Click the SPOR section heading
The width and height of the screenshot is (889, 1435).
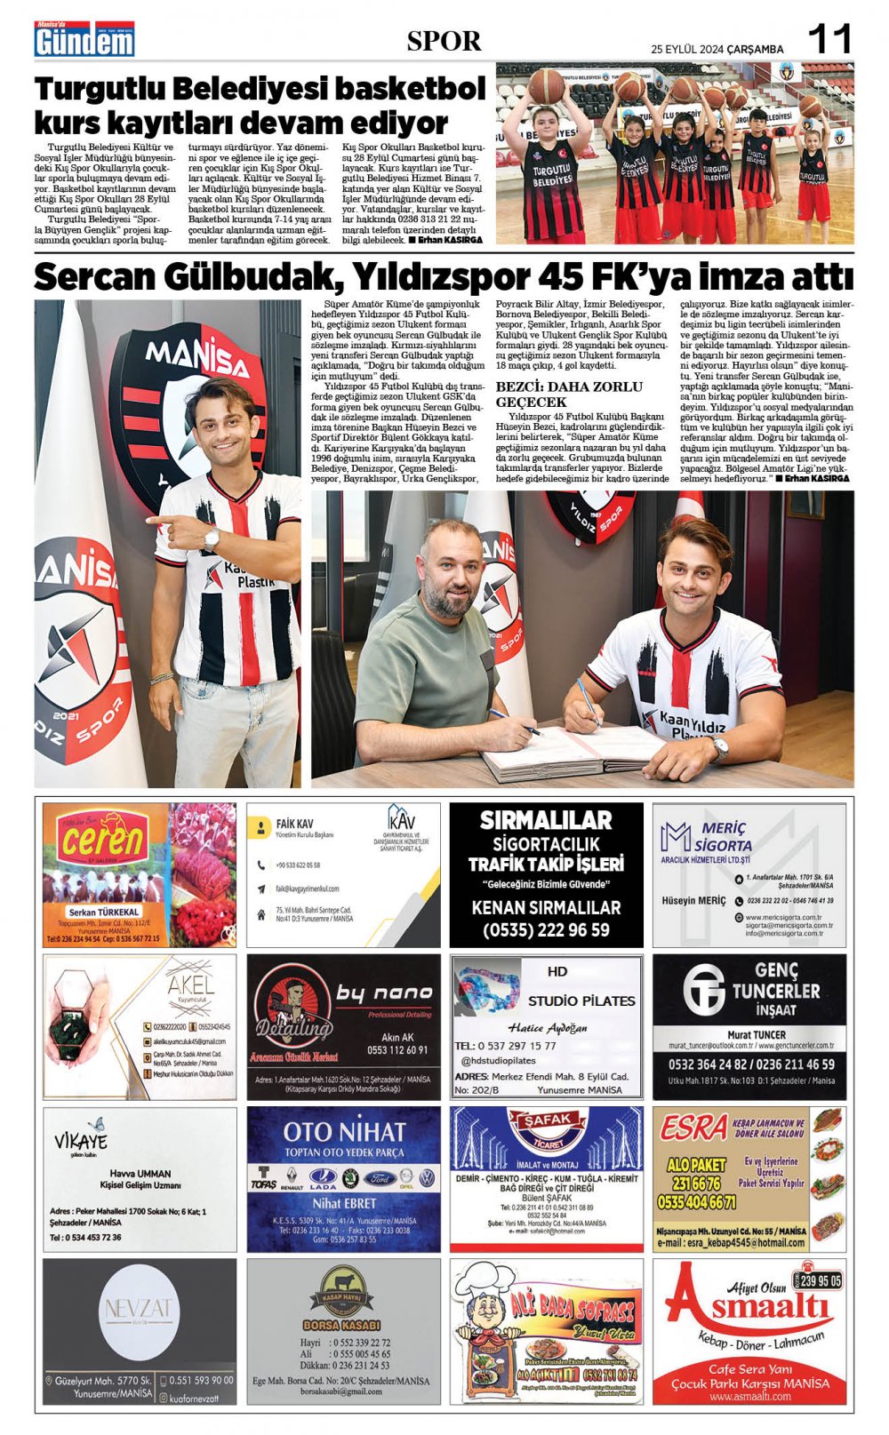(444, 41)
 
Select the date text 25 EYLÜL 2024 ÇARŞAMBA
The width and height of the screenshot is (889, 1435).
(717, 50)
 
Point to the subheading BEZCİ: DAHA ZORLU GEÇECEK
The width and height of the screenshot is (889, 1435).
(569, 394)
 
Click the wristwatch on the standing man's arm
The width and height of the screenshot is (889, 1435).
(212, 537)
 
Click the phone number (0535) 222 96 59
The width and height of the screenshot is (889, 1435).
(546, 930)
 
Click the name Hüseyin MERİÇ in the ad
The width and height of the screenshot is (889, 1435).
(693, 900)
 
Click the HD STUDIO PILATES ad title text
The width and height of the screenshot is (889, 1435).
(581, 1000)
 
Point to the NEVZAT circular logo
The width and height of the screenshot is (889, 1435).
(139, 1309)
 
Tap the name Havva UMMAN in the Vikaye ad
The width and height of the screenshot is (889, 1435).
(140, 1173)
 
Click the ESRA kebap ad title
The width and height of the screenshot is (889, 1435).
(693, 1128)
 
